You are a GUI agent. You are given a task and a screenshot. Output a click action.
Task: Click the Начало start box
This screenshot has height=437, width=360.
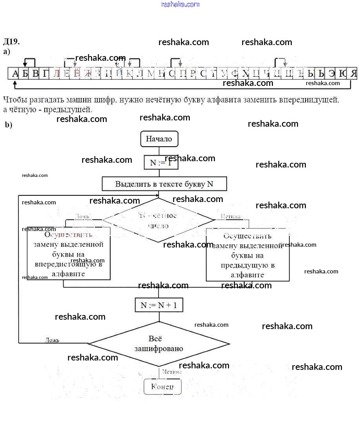pyautogui.click(x=159, y=139)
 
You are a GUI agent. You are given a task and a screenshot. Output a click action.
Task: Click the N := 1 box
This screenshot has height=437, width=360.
pyautogui.click(x=161, y=162)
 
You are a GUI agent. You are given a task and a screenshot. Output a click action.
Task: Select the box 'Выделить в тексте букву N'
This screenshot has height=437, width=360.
pyautogui.click(x=164, y=184)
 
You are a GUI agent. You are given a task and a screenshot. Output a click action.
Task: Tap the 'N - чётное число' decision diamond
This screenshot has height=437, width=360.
pyautogui.click(x=158, y=220)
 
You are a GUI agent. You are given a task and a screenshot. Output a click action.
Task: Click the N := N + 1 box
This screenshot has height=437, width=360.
pyautogui.click(x=159, y=305)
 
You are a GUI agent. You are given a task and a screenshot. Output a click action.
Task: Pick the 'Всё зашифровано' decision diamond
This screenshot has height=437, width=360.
pyautogui.click(x=159, y=344)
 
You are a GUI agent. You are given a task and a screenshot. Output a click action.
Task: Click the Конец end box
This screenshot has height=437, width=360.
pyautogui.click(x=162, y=387)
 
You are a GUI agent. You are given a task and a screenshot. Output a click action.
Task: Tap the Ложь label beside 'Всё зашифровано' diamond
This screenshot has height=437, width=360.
pyautogui.click(x=52, y=340)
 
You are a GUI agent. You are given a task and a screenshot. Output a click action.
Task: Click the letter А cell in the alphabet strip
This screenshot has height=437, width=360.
pyautogui.click(x=15, y=73)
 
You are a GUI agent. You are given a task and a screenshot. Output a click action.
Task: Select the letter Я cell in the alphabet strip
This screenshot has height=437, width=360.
pyautogui.click(x=353, y=73)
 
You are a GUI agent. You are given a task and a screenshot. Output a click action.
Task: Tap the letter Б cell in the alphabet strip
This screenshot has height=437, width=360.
pyautogui.click(x=25, y=73)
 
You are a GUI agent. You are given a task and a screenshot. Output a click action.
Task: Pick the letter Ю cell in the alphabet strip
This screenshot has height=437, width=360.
pyautogui.click(x=342, y=73)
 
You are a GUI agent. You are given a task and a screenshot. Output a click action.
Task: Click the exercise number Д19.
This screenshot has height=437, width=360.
pyautogui.click(x=11, y=42)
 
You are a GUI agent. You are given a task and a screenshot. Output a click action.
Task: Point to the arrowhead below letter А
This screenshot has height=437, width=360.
pyautogui.click(x=15, y=82)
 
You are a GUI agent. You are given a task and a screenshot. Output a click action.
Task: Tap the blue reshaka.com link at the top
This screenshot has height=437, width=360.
pyautogui.click(x=180, y=4)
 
